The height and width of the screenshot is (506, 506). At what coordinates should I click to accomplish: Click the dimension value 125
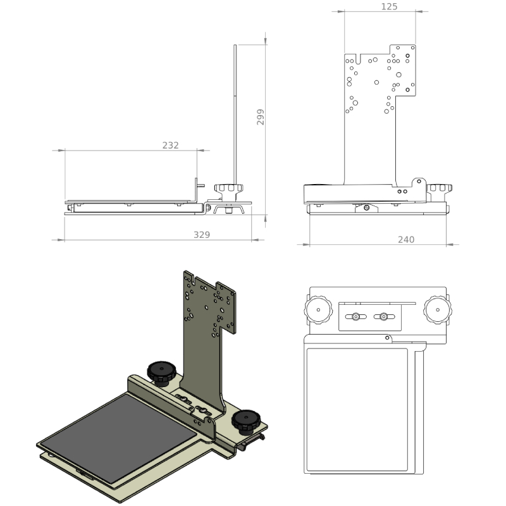(x=389, y=6)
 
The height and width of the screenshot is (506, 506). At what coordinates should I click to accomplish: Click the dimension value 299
(x=261, y=117)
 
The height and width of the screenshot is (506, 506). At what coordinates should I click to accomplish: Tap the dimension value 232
(x=170, y=145)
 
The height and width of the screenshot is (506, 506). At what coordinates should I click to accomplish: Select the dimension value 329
(x=202, y=235)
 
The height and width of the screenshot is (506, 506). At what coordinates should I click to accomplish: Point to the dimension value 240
(x=406, y=240)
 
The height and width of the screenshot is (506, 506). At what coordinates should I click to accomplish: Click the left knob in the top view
(x=318, y=310)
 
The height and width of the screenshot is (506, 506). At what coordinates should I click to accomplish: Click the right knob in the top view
(x=437, y=310)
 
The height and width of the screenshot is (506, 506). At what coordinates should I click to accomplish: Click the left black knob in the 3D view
(x=162, y=373)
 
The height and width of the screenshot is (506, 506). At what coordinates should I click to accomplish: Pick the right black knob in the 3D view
(x=246, y=421)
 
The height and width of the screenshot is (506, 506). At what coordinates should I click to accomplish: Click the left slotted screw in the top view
(x=355, y=317)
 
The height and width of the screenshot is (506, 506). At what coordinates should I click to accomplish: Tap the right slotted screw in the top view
(x=384, y=317)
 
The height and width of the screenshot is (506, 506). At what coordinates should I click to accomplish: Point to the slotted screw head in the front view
(x=366, y=208)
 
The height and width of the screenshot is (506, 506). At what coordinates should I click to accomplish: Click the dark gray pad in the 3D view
(x=118, y=437)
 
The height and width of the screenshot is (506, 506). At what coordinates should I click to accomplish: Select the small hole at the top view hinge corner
(x=387, y=338)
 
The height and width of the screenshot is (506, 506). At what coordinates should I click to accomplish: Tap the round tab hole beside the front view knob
(x=419, y=182)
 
